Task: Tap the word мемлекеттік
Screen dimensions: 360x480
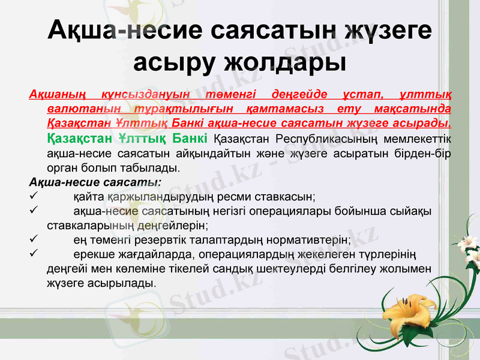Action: (x=418, y=139)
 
